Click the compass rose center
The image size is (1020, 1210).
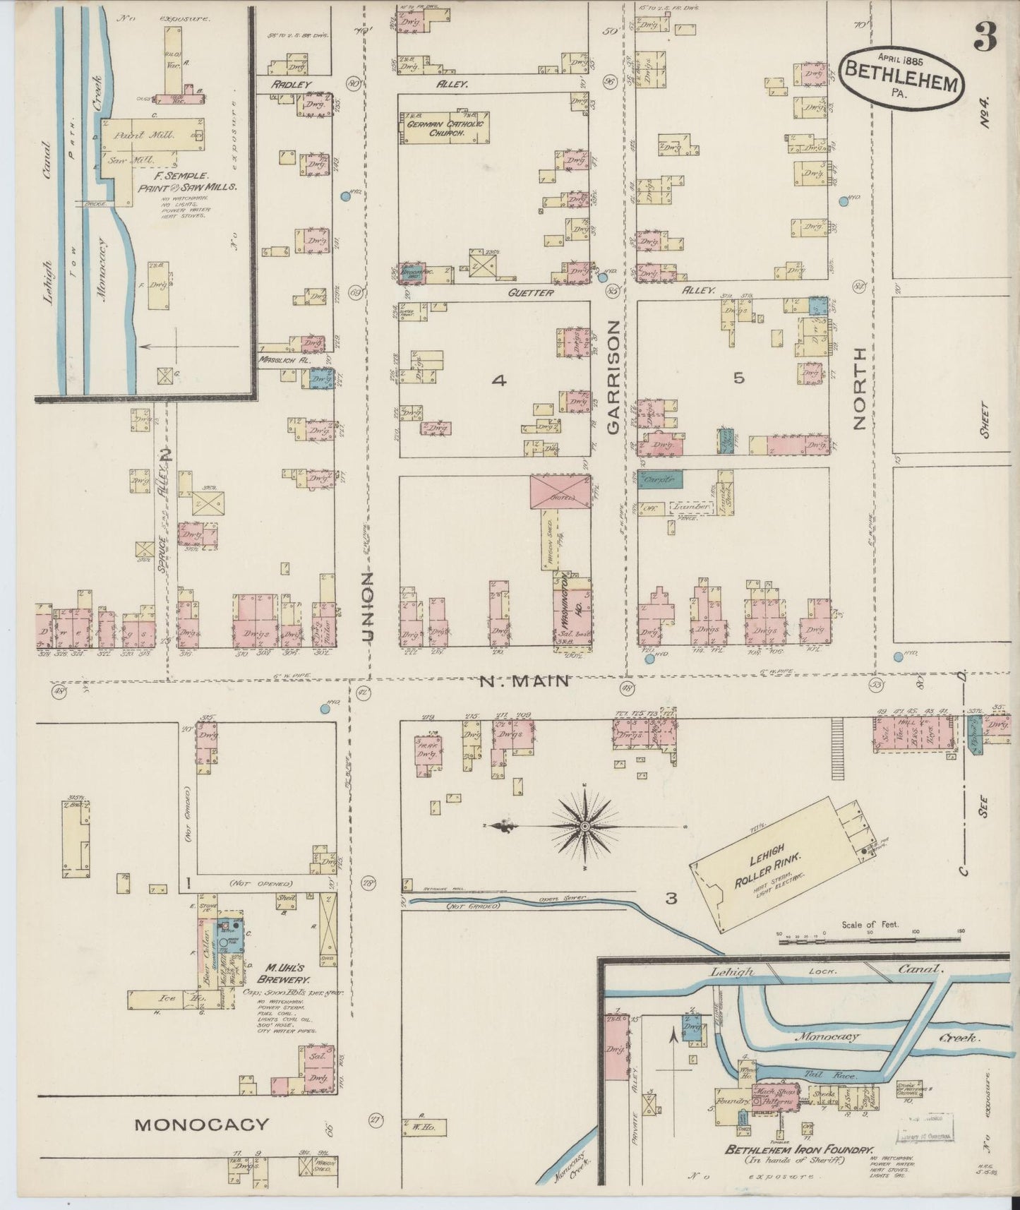585,825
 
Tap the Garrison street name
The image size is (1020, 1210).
613,377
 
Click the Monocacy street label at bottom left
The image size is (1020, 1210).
202,1125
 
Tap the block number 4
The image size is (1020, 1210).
499,381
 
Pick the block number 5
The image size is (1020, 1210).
738,378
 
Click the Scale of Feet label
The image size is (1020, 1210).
869,924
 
